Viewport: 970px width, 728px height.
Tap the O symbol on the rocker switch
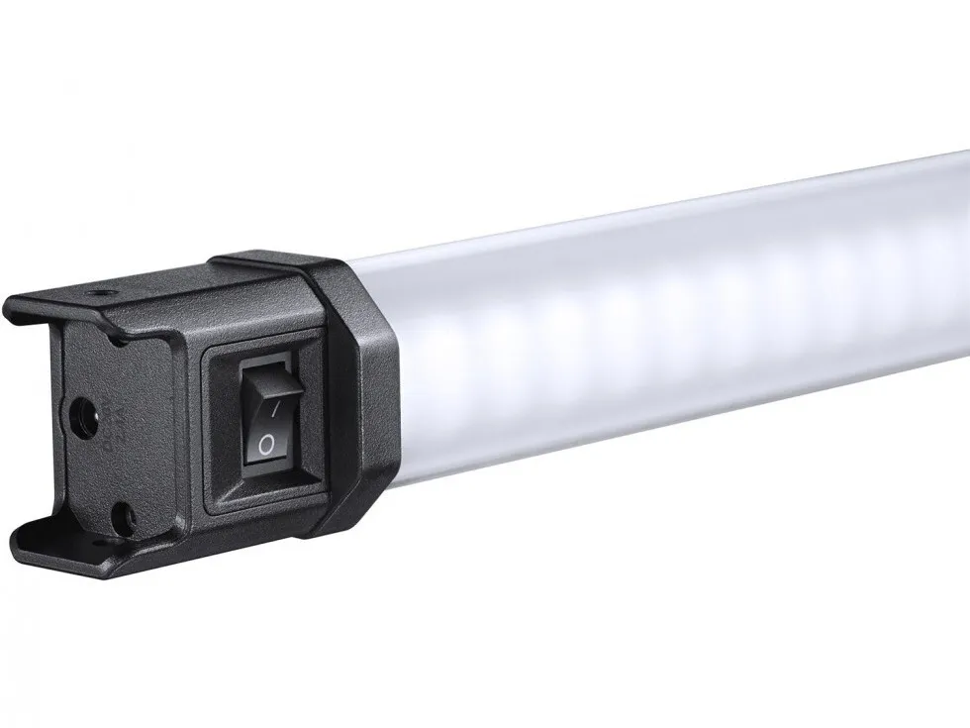[264, 445]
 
